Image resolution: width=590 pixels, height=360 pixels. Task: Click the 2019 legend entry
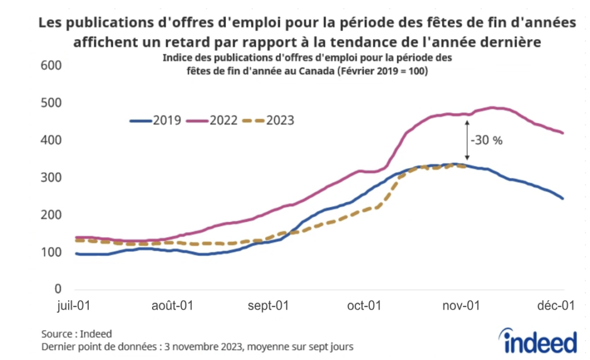[156, 120]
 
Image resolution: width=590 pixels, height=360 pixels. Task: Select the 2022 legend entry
[213, 120]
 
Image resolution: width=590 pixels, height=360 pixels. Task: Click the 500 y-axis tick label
[51, 103]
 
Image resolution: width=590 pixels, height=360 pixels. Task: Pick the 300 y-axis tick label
[51, 177]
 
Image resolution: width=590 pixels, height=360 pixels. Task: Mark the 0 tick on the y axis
[58, 289]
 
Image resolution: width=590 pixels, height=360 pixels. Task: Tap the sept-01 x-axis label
[268, 306]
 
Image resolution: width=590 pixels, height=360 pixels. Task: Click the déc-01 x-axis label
[559, 306]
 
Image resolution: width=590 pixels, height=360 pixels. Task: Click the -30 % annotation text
[487, 140]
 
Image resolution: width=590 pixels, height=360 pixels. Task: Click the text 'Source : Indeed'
[77, 334]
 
